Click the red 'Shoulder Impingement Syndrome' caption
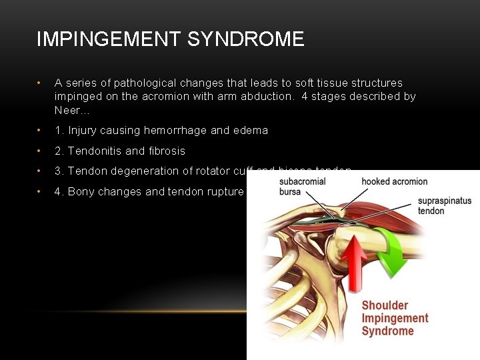(x=395, y=318)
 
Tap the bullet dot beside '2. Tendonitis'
(x=41, y=151)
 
